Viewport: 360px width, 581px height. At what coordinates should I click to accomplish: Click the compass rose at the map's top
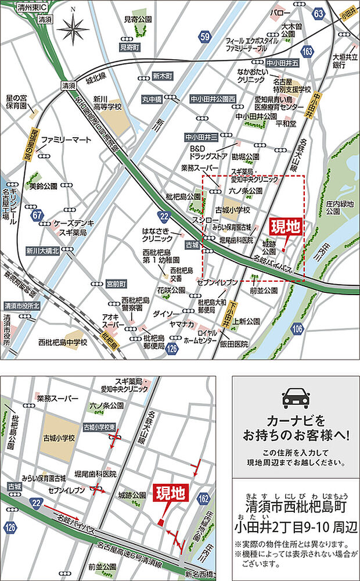click(x=73, y=28)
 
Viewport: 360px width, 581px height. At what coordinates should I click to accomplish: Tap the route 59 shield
click(x=204, y=38)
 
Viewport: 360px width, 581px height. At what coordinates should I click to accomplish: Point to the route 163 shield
click(x=307, y=53)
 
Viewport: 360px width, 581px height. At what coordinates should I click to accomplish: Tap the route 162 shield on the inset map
click(x=203, y=498)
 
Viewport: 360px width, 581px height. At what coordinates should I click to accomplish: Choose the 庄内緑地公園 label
click(x=340, y=207)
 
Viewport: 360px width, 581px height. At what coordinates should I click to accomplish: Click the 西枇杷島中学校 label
click(x=63, y=342)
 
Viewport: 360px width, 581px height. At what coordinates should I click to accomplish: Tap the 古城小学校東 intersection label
click(x=101, y=427)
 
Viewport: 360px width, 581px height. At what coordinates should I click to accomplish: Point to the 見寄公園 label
click(x=138, y=19)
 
